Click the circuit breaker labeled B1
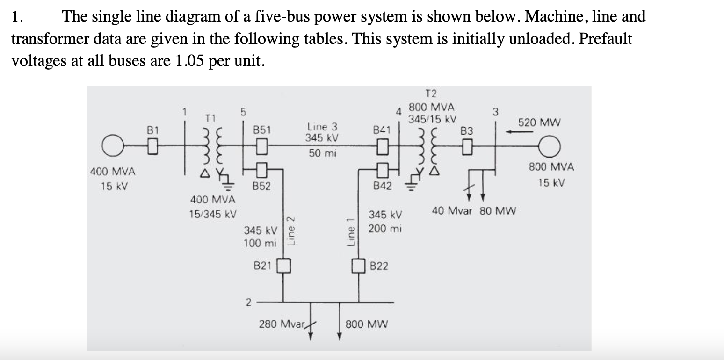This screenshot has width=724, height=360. pyautogui.click(x=152, y=148)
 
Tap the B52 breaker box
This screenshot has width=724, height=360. pyautogui.click(x=262, y=167)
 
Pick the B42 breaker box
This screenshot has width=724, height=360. pyautogui.click(x=383, y=167)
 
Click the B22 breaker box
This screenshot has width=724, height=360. pyautogui.click(x=359, y=266)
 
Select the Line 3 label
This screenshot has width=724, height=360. pyautogui.click(x=322, y=126)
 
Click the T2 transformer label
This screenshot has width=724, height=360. pyautogui.click(x=429, y=94)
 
